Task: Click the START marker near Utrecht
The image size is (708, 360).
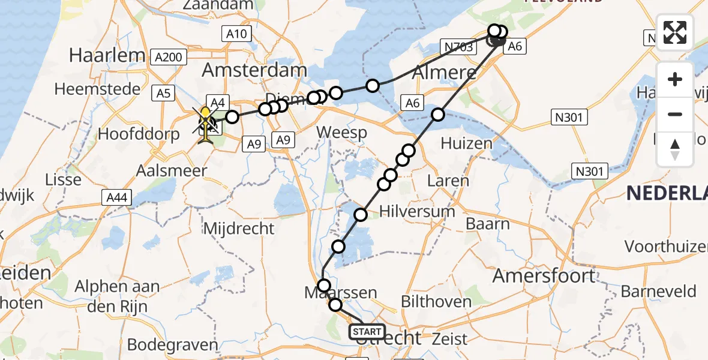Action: (367, 331)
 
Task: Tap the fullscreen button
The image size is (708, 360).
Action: (675, 32)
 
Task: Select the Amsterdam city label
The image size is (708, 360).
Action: (254, 70)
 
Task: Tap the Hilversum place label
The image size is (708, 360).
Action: (417, 211)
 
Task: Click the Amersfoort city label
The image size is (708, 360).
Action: (544, 275)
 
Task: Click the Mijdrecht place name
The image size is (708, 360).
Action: (239, 228)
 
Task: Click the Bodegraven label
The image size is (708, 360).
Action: (172, 345)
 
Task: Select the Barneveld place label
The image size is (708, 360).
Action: (658, 292)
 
